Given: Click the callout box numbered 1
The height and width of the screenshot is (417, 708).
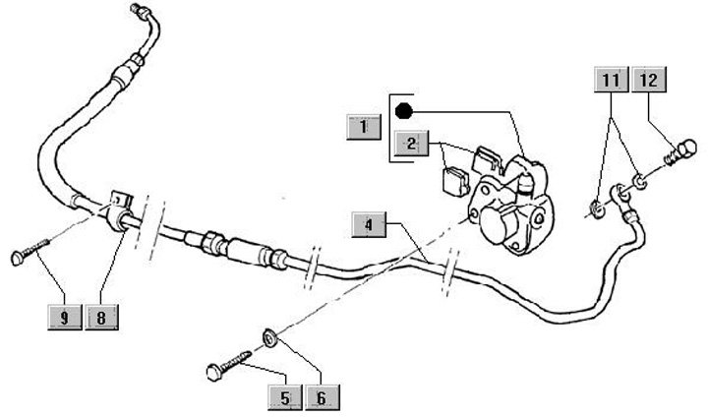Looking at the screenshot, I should click(x=364, y=127).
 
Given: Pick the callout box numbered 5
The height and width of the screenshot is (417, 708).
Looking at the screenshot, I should click(x=285, y=396).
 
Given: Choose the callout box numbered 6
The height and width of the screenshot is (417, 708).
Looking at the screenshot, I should click(x=321, y=396).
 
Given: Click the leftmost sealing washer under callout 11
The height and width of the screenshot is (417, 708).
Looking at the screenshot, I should click(x=597, y=206).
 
